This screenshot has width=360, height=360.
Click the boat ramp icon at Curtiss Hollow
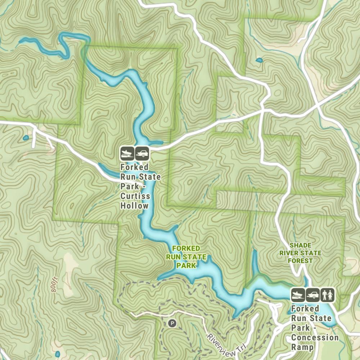(x=127, y=154)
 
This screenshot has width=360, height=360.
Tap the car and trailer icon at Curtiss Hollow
(x=142, y=154)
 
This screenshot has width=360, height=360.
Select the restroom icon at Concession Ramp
(x=328, y=294)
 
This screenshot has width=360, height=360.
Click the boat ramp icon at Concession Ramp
(x=298, y=294)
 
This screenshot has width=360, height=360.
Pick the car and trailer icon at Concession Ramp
(x=313, y=294)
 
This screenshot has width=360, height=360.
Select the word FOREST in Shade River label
(x=301, y=261)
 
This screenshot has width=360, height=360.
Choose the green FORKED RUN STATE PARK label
(x=186, y=257)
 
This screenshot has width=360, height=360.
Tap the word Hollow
(x=134, y=206)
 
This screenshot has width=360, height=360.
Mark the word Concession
(x=315, y=338)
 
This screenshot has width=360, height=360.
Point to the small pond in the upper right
(x=259, y=60)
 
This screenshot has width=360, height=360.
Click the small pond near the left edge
(x=26, y=138)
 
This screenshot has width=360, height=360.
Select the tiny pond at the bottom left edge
(x=57, y=354)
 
